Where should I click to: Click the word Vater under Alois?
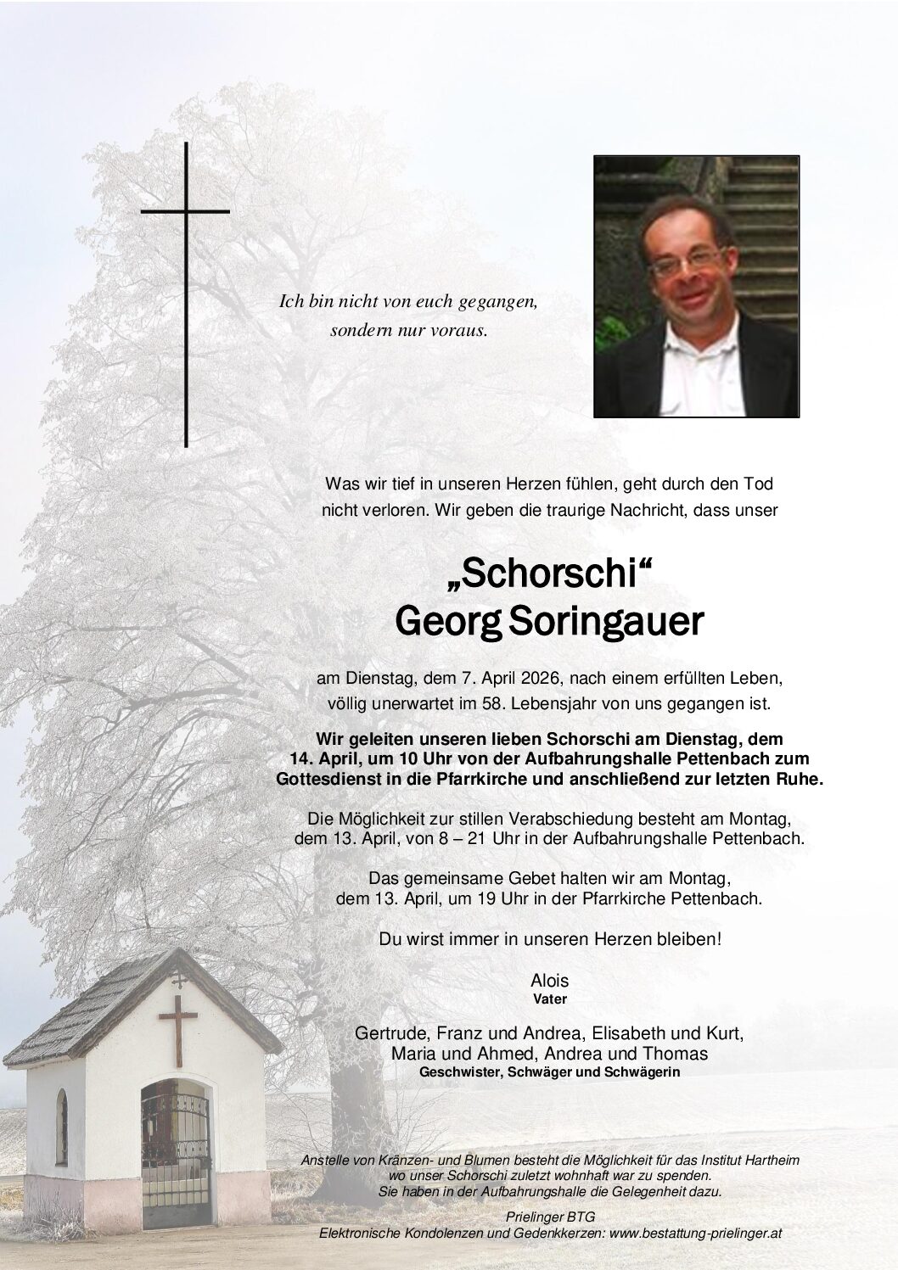click(550, 999)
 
